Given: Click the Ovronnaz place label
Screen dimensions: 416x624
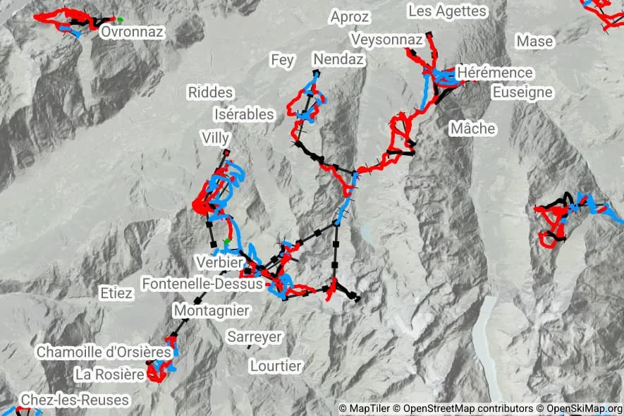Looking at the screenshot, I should tap(132, 32).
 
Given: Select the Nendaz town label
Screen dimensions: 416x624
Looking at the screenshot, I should tap(338, 59).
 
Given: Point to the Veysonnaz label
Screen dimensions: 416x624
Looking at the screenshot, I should tap(386, 39).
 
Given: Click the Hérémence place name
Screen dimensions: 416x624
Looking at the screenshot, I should tap(495, 73).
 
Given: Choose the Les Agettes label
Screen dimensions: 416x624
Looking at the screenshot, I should tap(447, 11).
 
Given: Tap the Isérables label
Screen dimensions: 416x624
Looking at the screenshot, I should tap(243, 114).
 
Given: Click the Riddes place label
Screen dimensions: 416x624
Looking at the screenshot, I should tap(210, 92).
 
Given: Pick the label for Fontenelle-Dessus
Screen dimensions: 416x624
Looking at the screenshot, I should tap(202, 284).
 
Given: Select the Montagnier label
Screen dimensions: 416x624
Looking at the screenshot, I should tap(211, 310).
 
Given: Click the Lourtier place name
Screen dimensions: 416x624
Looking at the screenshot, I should tap(276, 366).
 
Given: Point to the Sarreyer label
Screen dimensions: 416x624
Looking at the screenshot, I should tap(254, 337).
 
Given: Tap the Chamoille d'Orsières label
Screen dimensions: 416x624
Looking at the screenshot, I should tap(104, 351).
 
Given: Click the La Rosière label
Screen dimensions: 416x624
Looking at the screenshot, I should tap(109, 373).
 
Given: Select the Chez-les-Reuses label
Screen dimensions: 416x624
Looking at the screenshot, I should tap(75, 400).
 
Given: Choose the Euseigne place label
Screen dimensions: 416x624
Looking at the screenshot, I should tap(522, 92).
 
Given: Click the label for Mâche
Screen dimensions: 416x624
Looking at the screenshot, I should tap(472, 129).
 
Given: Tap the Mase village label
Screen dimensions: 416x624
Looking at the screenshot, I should tap(534, 42).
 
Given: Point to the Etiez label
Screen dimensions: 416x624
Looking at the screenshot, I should tap(116, 293).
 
